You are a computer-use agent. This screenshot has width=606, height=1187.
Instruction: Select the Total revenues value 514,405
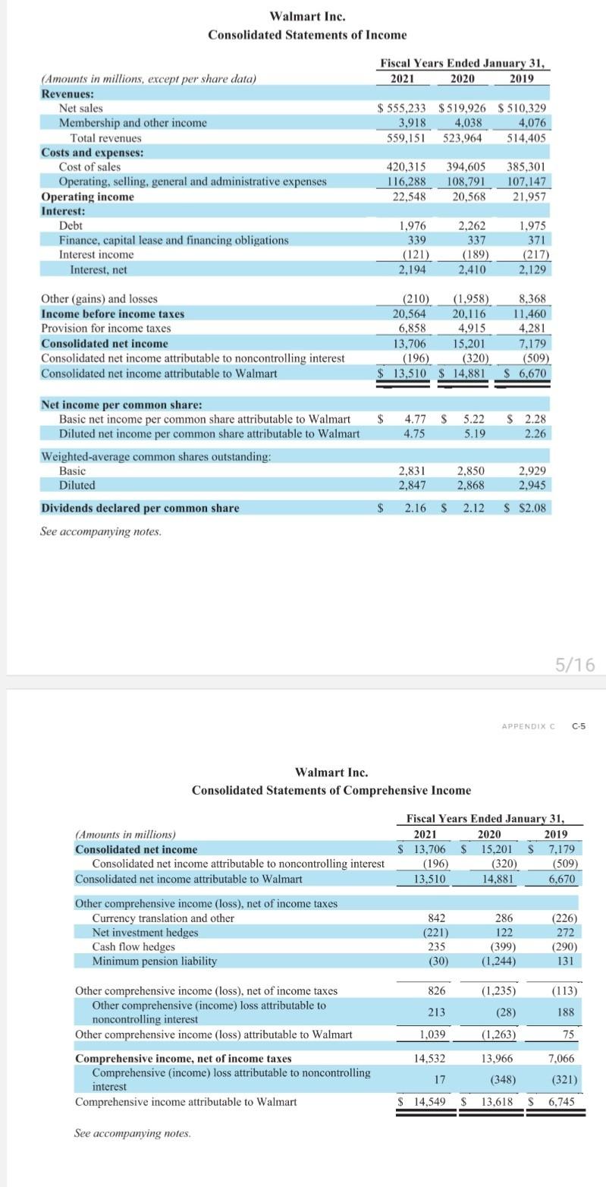tap(528, 138)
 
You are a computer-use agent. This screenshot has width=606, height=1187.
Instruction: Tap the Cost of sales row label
tap(89, 166)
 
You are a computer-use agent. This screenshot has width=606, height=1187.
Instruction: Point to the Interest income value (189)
tap(471, 254)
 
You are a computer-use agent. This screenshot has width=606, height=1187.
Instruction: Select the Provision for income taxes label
tap(105, 328)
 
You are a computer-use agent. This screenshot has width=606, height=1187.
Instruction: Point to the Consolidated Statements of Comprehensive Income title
tap(331, 790)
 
